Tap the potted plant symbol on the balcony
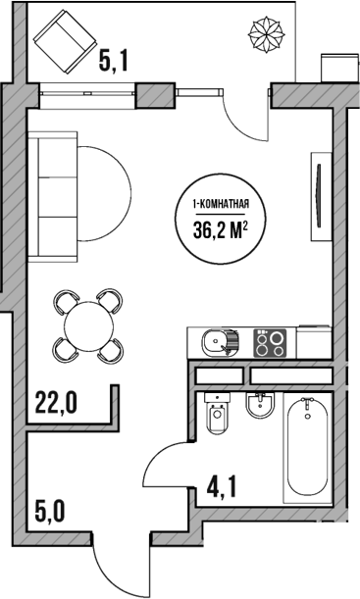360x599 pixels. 268,36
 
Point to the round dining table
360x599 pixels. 88,324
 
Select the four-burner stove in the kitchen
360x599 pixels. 272,343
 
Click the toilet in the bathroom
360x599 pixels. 217,417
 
